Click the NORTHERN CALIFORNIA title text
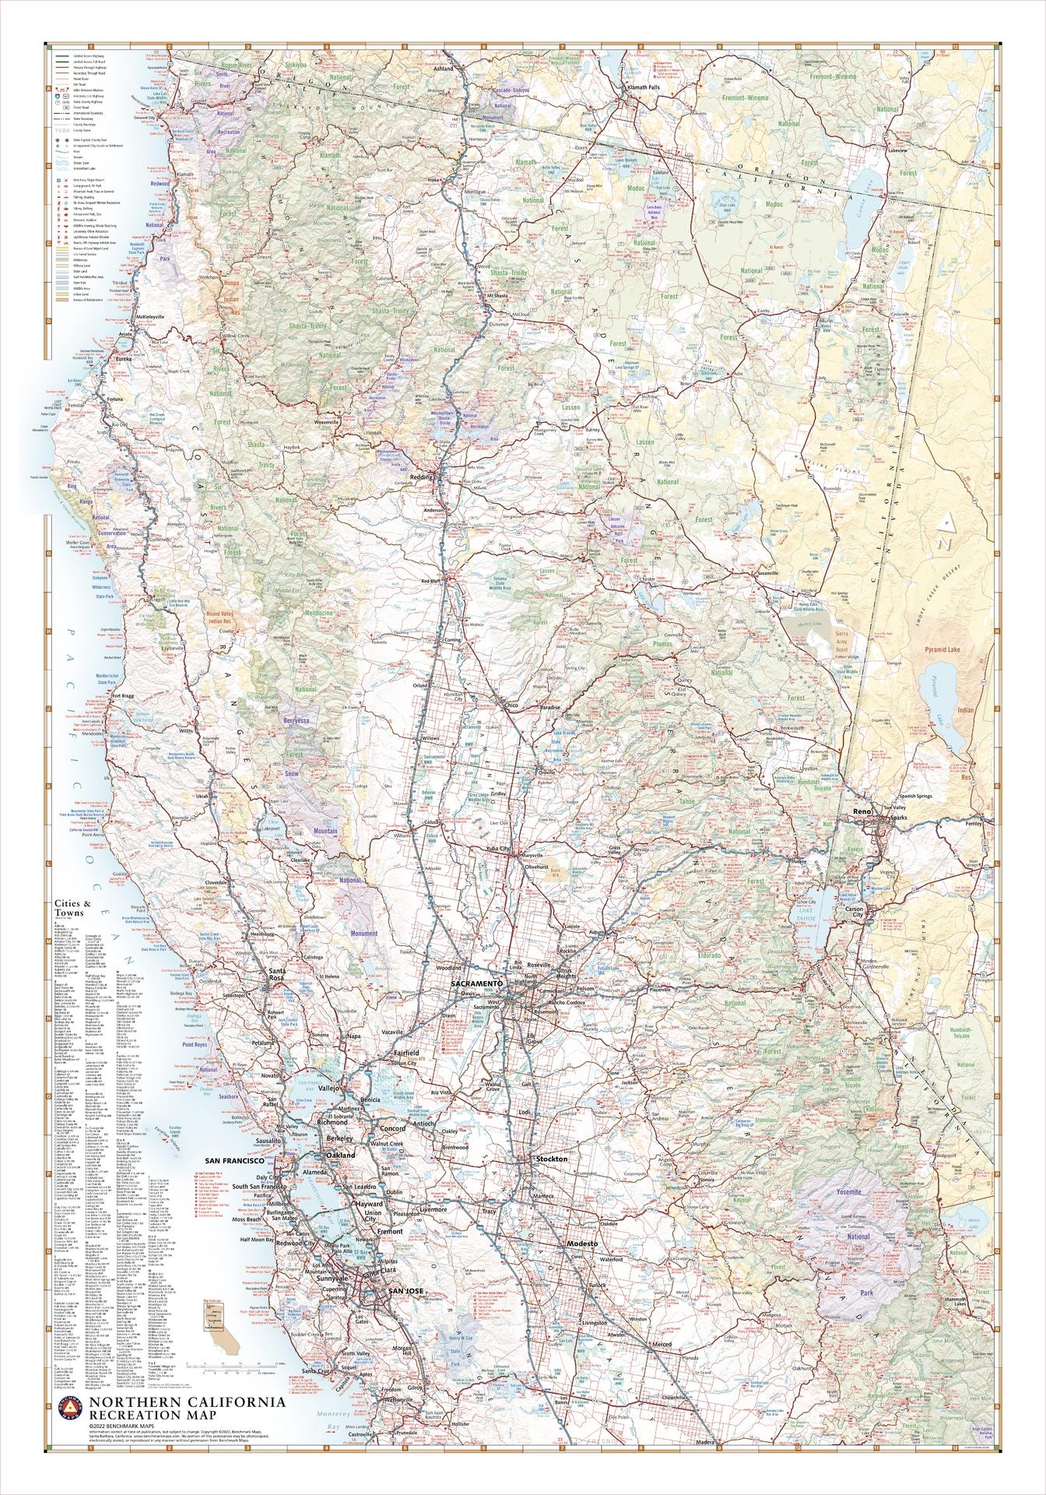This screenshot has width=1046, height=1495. click(x=187, y=1423)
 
